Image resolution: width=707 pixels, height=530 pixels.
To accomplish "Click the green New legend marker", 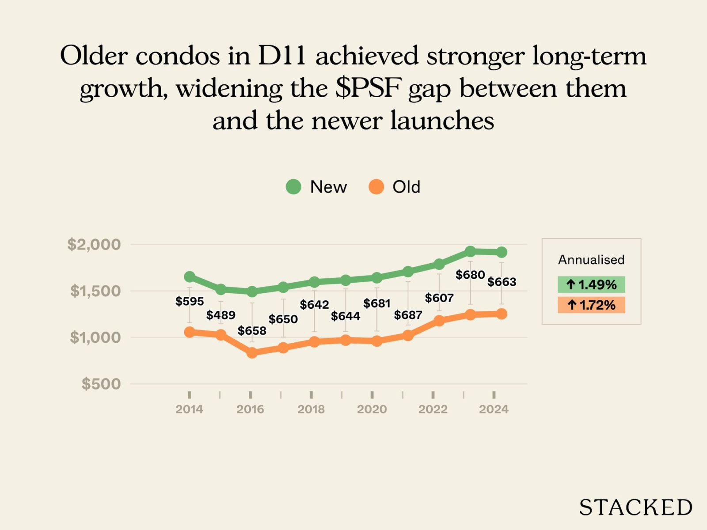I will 293,187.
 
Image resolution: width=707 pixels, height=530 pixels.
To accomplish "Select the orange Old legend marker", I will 376,187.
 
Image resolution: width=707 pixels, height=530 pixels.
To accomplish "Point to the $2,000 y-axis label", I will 94,244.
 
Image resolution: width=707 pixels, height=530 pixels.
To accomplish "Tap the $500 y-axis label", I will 101,384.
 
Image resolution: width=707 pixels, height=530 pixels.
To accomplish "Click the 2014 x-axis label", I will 189,409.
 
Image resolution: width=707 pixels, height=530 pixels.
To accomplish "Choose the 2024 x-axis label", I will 494,409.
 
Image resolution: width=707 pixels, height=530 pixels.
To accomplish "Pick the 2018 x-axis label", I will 311,409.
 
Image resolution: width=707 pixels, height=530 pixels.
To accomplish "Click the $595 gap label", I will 190,301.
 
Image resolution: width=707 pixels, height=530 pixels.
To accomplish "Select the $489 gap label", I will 221,315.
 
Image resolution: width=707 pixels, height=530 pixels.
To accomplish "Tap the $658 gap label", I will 252,331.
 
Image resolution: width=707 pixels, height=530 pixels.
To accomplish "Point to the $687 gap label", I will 408,315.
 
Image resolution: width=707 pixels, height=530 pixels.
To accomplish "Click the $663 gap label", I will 502,282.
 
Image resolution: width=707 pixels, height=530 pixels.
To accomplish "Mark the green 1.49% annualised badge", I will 591,284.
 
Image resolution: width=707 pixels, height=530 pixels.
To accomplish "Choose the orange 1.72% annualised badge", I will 591,305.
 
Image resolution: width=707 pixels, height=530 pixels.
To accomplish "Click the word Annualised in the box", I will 591,260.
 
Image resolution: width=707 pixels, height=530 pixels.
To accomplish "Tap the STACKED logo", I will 635,507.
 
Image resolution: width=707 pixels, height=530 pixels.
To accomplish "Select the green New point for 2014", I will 190,277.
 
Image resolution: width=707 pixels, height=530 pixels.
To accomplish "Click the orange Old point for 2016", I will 252,352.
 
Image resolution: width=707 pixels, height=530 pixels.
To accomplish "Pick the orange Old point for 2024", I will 502,314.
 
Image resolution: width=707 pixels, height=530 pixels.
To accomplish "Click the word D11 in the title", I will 282,56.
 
